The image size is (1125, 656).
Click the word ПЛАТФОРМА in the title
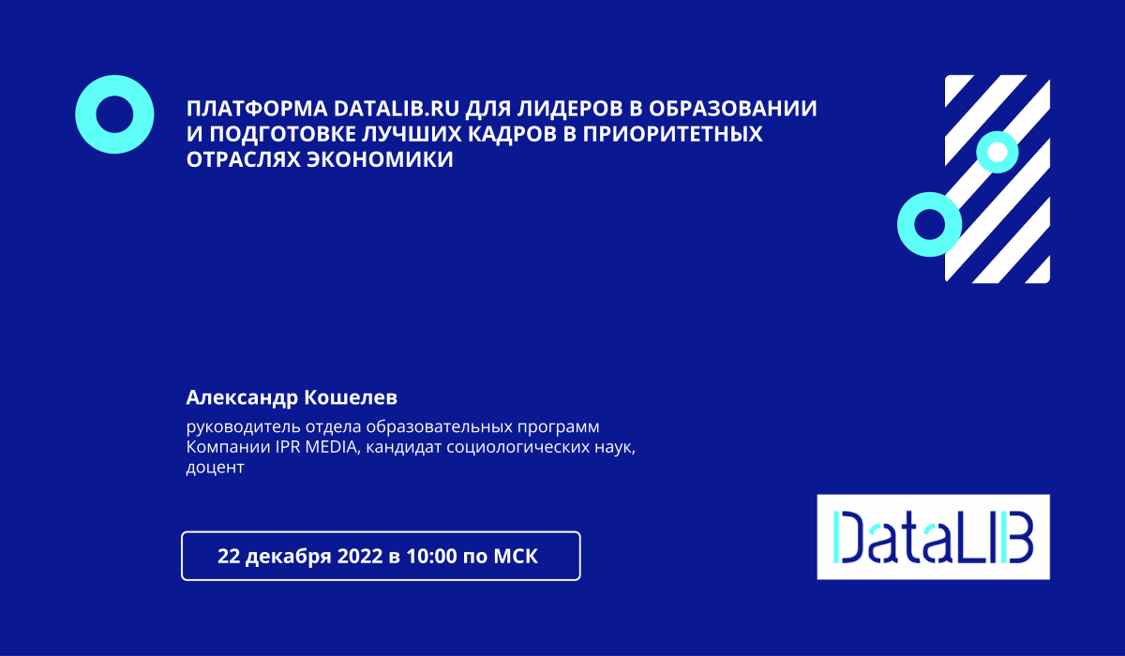point(257,109)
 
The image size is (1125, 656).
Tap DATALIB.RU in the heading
point(397,109)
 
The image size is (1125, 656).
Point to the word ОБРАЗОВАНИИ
point(733,109)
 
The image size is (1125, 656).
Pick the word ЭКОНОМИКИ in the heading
point(380,159)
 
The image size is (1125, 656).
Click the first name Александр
point(242,397)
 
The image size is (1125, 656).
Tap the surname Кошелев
point(351,397)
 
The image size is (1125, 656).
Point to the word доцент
point(215,468)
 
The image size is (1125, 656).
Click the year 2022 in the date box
point(360,556)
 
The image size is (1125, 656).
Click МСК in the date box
point(516,556)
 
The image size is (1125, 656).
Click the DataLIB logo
point(933,537)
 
